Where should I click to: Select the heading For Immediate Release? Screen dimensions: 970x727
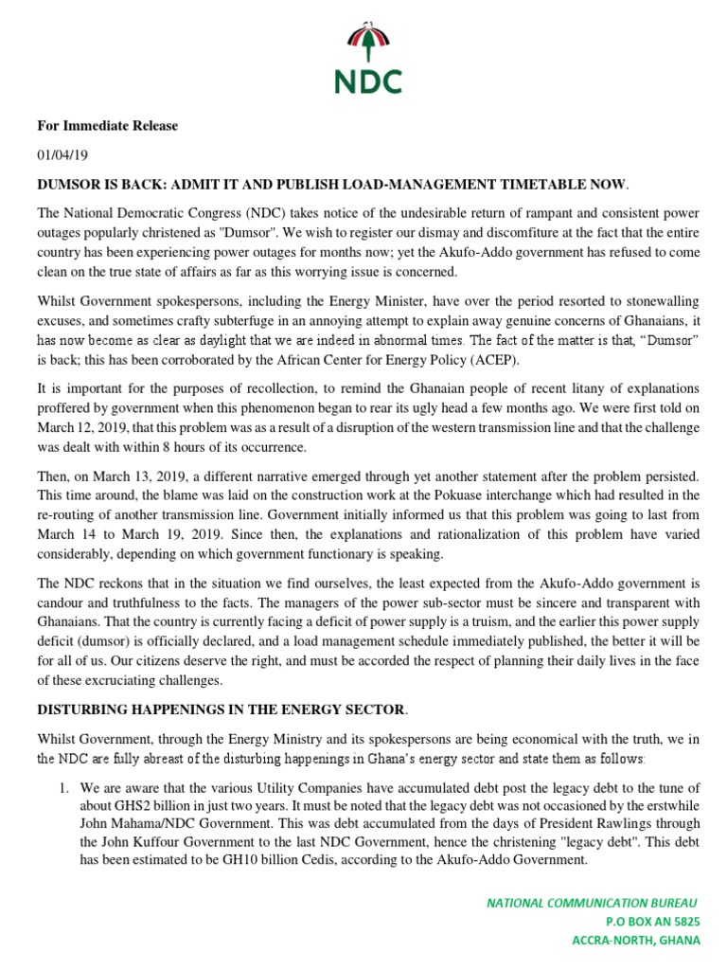point(107,126)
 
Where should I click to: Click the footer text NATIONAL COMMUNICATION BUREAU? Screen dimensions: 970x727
point(594,904)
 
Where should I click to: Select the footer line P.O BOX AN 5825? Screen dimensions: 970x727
point(653,922)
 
